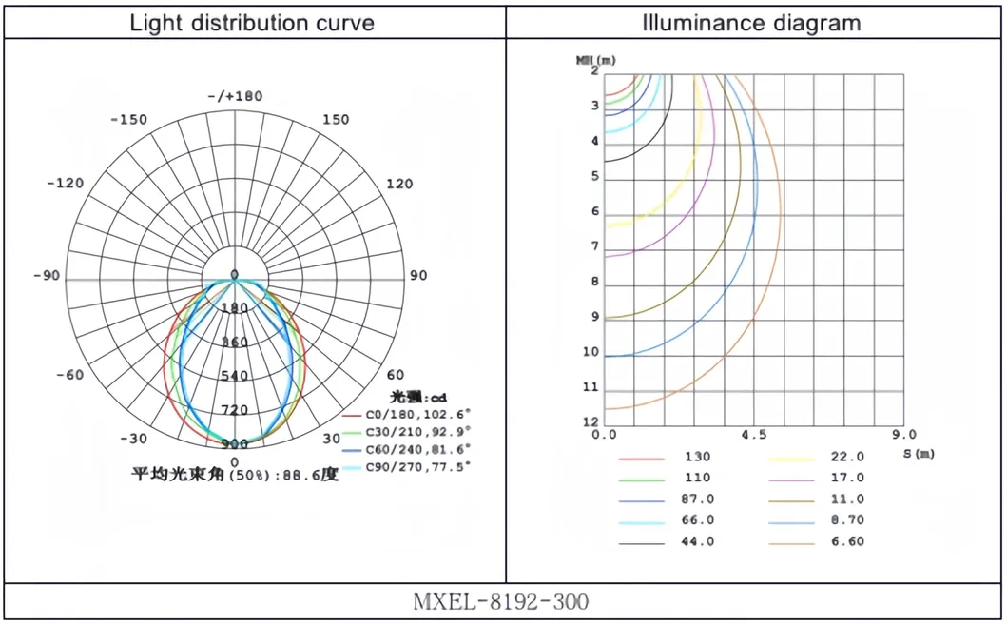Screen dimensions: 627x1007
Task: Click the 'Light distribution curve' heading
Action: coord(252,22)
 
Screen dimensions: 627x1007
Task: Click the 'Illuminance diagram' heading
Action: coord(752,22)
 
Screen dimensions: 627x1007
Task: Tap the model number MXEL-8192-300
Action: coord(501,602)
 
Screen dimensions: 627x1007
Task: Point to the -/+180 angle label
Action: coord(235,96)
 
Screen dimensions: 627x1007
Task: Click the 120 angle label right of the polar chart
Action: coord(399,184)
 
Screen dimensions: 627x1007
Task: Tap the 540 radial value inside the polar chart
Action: coord(234,376)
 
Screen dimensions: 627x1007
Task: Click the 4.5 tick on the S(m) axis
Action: coord(753,435)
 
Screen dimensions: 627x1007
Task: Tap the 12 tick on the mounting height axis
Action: coord(591,422)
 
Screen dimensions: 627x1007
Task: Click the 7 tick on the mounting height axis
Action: coord(595,247)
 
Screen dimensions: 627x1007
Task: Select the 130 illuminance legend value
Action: coord(697,457)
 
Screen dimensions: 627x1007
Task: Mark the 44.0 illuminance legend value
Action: coord(697,541)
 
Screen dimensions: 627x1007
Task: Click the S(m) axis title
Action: coord(919,453)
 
